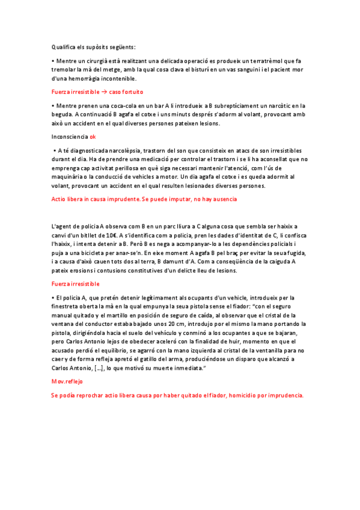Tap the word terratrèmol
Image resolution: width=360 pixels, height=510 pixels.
coord(271,61)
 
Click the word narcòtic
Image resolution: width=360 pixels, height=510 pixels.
coord(276,106)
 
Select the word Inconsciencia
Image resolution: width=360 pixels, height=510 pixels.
coord(70,137)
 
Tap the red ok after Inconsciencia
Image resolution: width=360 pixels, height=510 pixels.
coord(93,137)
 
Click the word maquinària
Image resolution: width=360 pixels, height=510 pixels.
coord(70,176)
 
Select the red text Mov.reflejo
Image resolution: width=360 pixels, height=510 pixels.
coord(67,381)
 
